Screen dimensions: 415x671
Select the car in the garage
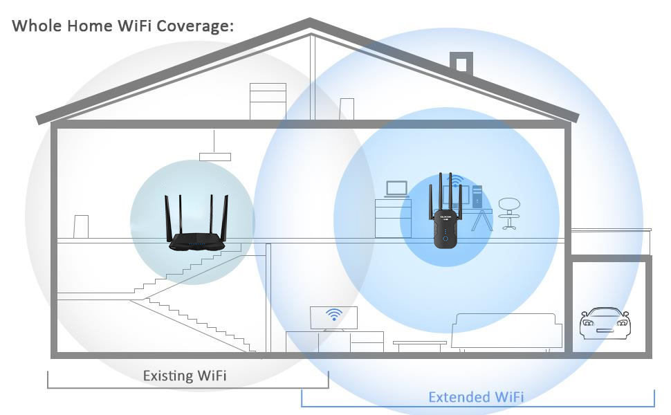(605, 324)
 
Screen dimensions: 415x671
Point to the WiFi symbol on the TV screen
(335, 315)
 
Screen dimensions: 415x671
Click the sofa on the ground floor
(506, 331)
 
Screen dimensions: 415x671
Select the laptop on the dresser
(397, 189)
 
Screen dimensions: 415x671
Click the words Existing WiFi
(184, 376)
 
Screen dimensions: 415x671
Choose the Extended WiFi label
(476, 397)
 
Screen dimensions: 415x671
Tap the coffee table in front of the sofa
(420, 344)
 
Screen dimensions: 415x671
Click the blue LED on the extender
(446, 239)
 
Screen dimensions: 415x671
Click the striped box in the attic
(268, 101)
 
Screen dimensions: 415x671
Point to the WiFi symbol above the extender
(455, 181)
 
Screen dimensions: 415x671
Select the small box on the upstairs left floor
(81, 227)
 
